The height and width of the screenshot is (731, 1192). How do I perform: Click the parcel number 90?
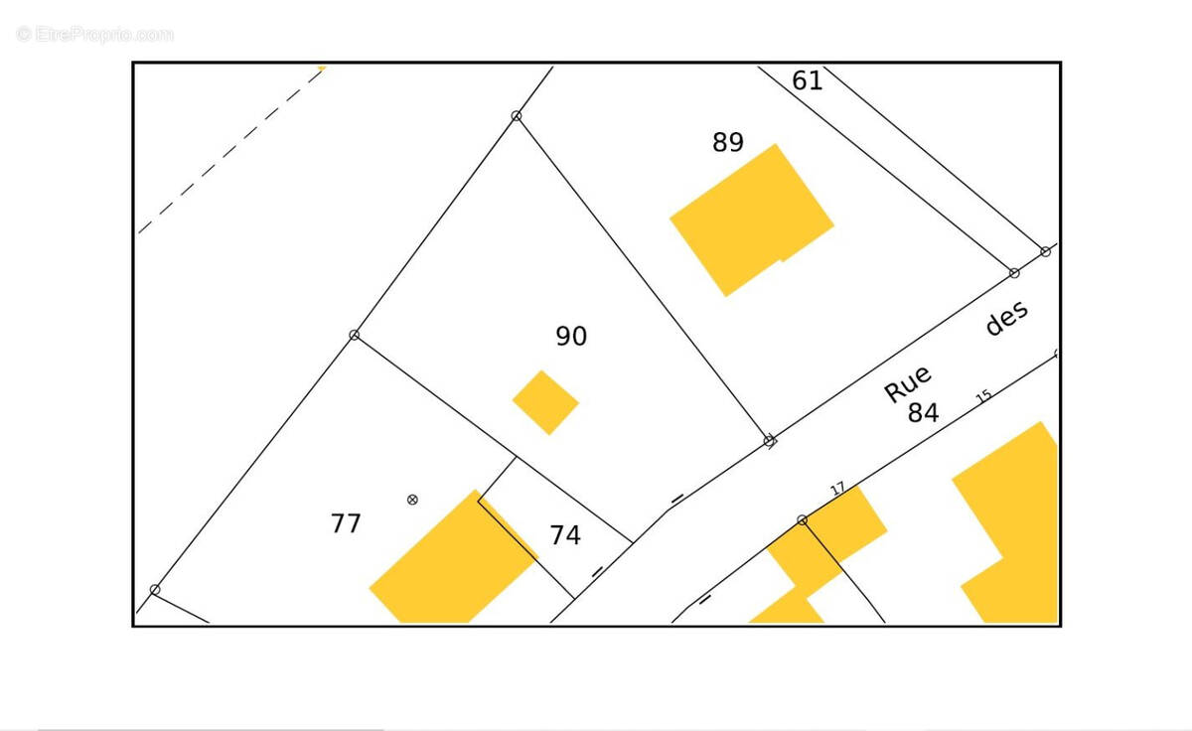571,336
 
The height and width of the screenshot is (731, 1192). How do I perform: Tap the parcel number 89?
728,142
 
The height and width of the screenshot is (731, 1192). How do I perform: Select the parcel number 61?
808,80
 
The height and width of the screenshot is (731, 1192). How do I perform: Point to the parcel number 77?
346,523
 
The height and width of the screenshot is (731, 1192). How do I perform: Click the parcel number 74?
565,534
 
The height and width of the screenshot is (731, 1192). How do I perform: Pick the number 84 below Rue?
923,412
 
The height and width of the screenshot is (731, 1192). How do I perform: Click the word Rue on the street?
908,383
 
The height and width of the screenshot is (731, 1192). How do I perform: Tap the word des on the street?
1006,318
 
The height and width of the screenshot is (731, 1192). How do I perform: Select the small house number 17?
837,489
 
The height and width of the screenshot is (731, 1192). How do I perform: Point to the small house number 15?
984,396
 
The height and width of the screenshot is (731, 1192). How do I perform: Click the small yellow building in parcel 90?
545,402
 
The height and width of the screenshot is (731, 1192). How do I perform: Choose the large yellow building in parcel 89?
751,220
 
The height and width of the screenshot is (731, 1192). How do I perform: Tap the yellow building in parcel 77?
454,556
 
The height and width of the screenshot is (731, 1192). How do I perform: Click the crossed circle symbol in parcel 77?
412,500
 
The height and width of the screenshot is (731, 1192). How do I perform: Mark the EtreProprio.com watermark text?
94,35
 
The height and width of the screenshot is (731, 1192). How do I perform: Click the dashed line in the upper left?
231,151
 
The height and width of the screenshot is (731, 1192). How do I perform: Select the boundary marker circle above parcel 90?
517,115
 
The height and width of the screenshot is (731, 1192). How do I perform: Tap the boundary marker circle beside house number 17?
803,519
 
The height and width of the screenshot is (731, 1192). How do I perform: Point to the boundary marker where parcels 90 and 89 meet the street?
769,441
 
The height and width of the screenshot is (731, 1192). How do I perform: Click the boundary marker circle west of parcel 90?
355,335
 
